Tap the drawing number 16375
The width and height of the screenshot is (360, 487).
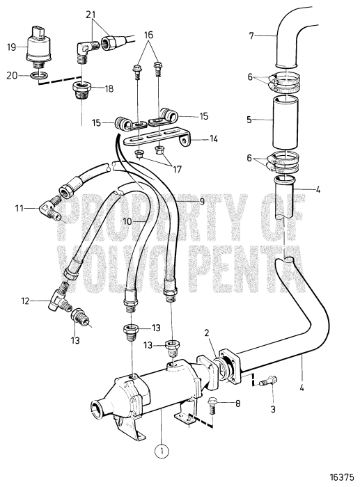click(342, 478)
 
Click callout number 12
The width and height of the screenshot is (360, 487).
click(26, 301)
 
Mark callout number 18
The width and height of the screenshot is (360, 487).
click(109, 90)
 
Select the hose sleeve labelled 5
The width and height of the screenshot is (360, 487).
click(287, 120)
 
